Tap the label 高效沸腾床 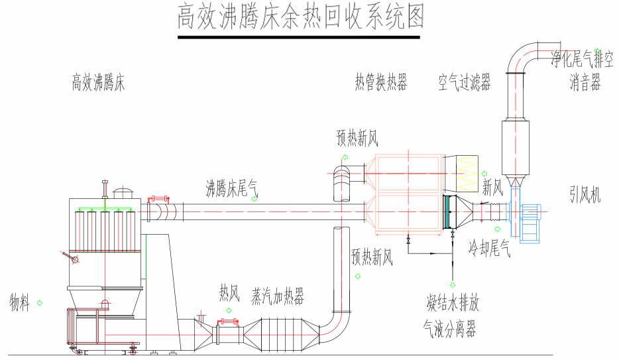tap(98, 84)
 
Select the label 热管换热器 tap(380, 83)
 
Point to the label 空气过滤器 tap(464, 83)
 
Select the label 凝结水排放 tap(453, 304)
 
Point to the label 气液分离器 tap(450, 328)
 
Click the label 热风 tap(229, 292)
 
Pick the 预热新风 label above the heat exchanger tap(357, 138)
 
